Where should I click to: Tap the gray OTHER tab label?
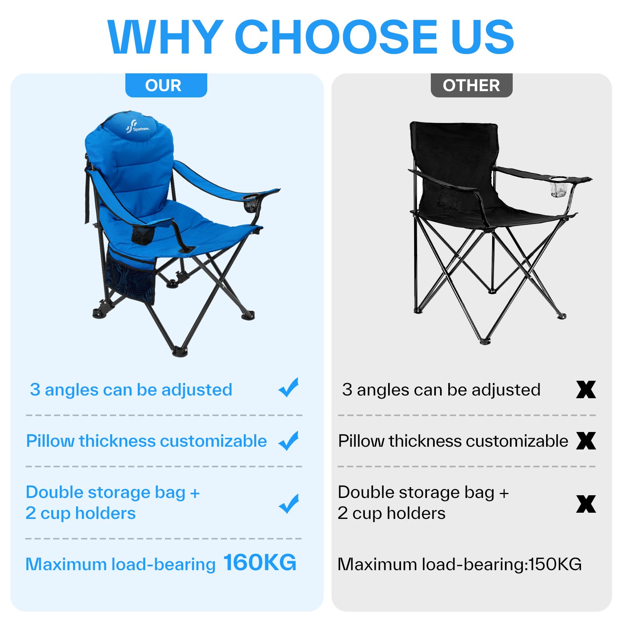[x=472, y=85]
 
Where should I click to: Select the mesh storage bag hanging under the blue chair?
[x=131, y=277]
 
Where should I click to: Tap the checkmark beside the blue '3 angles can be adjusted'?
[x=289, y=387]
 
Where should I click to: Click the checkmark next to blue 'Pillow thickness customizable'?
[x=289, y=441]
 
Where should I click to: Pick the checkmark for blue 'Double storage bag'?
[x=289, y=504]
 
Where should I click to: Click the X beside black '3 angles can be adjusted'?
[x=586, y=390]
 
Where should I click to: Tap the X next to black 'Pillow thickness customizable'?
[x=586, y=441]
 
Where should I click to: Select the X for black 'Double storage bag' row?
[x=586, y=504]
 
